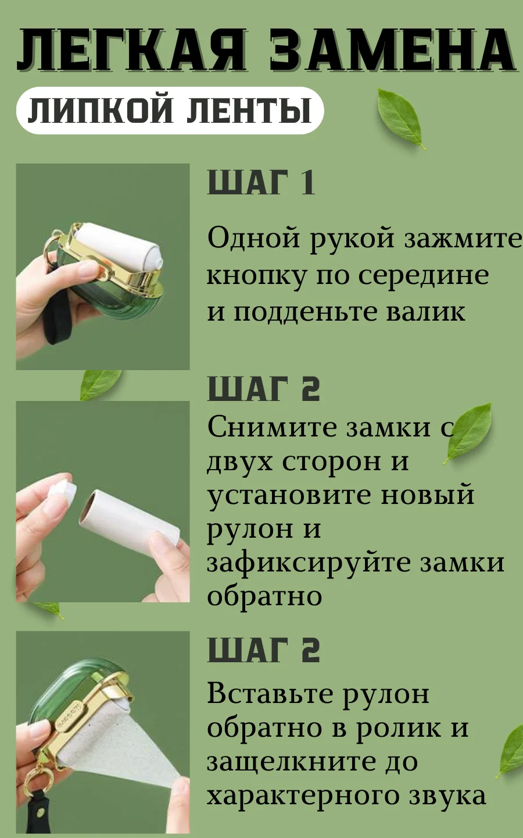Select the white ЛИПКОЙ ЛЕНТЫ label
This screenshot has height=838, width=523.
(x=170, y=111)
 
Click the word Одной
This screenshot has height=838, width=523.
(x=253, y=237)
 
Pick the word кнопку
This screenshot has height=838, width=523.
(x=256, y=277)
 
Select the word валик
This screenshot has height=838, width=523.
(x=425, y=311)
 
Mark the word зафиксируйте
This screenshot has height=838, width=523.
(x=304, y=563)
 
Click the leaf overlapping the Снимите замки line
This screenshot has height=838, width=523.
(x=468, y=432)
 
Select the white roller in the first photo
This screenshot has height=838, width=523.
(x=121, y=245)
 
